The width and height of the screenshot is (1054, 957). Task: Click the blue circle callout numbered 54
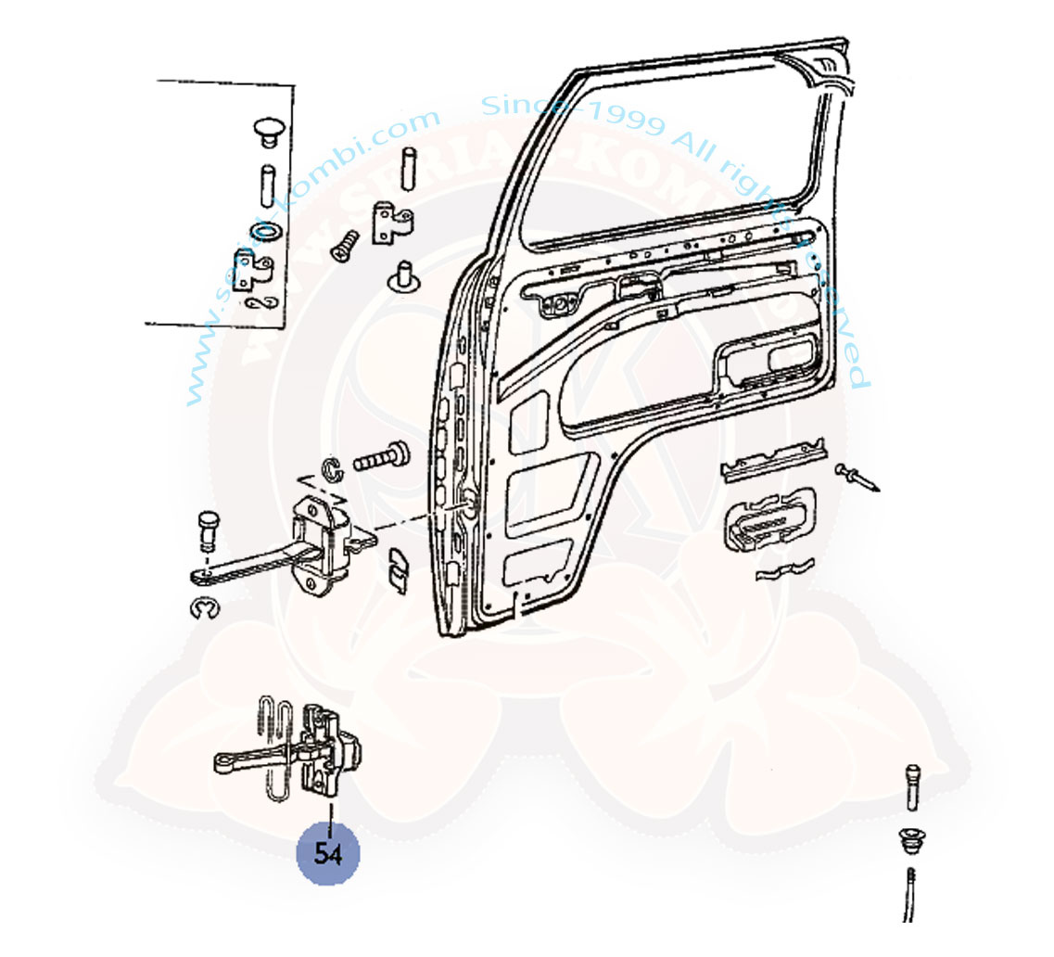tap(327, 854)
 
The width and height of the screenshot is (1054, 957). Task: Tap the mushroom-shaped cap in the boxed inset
tap(268, 130)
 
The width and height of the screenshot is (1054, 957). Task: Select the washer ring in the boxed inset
tap(264, 230)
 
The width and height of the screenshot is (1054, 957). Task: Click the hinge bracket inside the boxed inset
tap(253, 271)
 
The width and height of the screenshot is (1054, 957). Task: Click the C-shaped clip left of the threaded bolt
tap(332, 470)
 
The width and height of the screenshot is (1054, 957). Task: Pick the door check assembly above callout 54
tap(295, 749)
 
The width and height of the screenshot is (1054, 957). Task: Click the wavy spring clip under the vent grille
tap(784, 570)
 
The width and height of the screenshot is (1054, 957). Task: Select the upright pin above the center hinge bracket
tap(408, 170)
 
